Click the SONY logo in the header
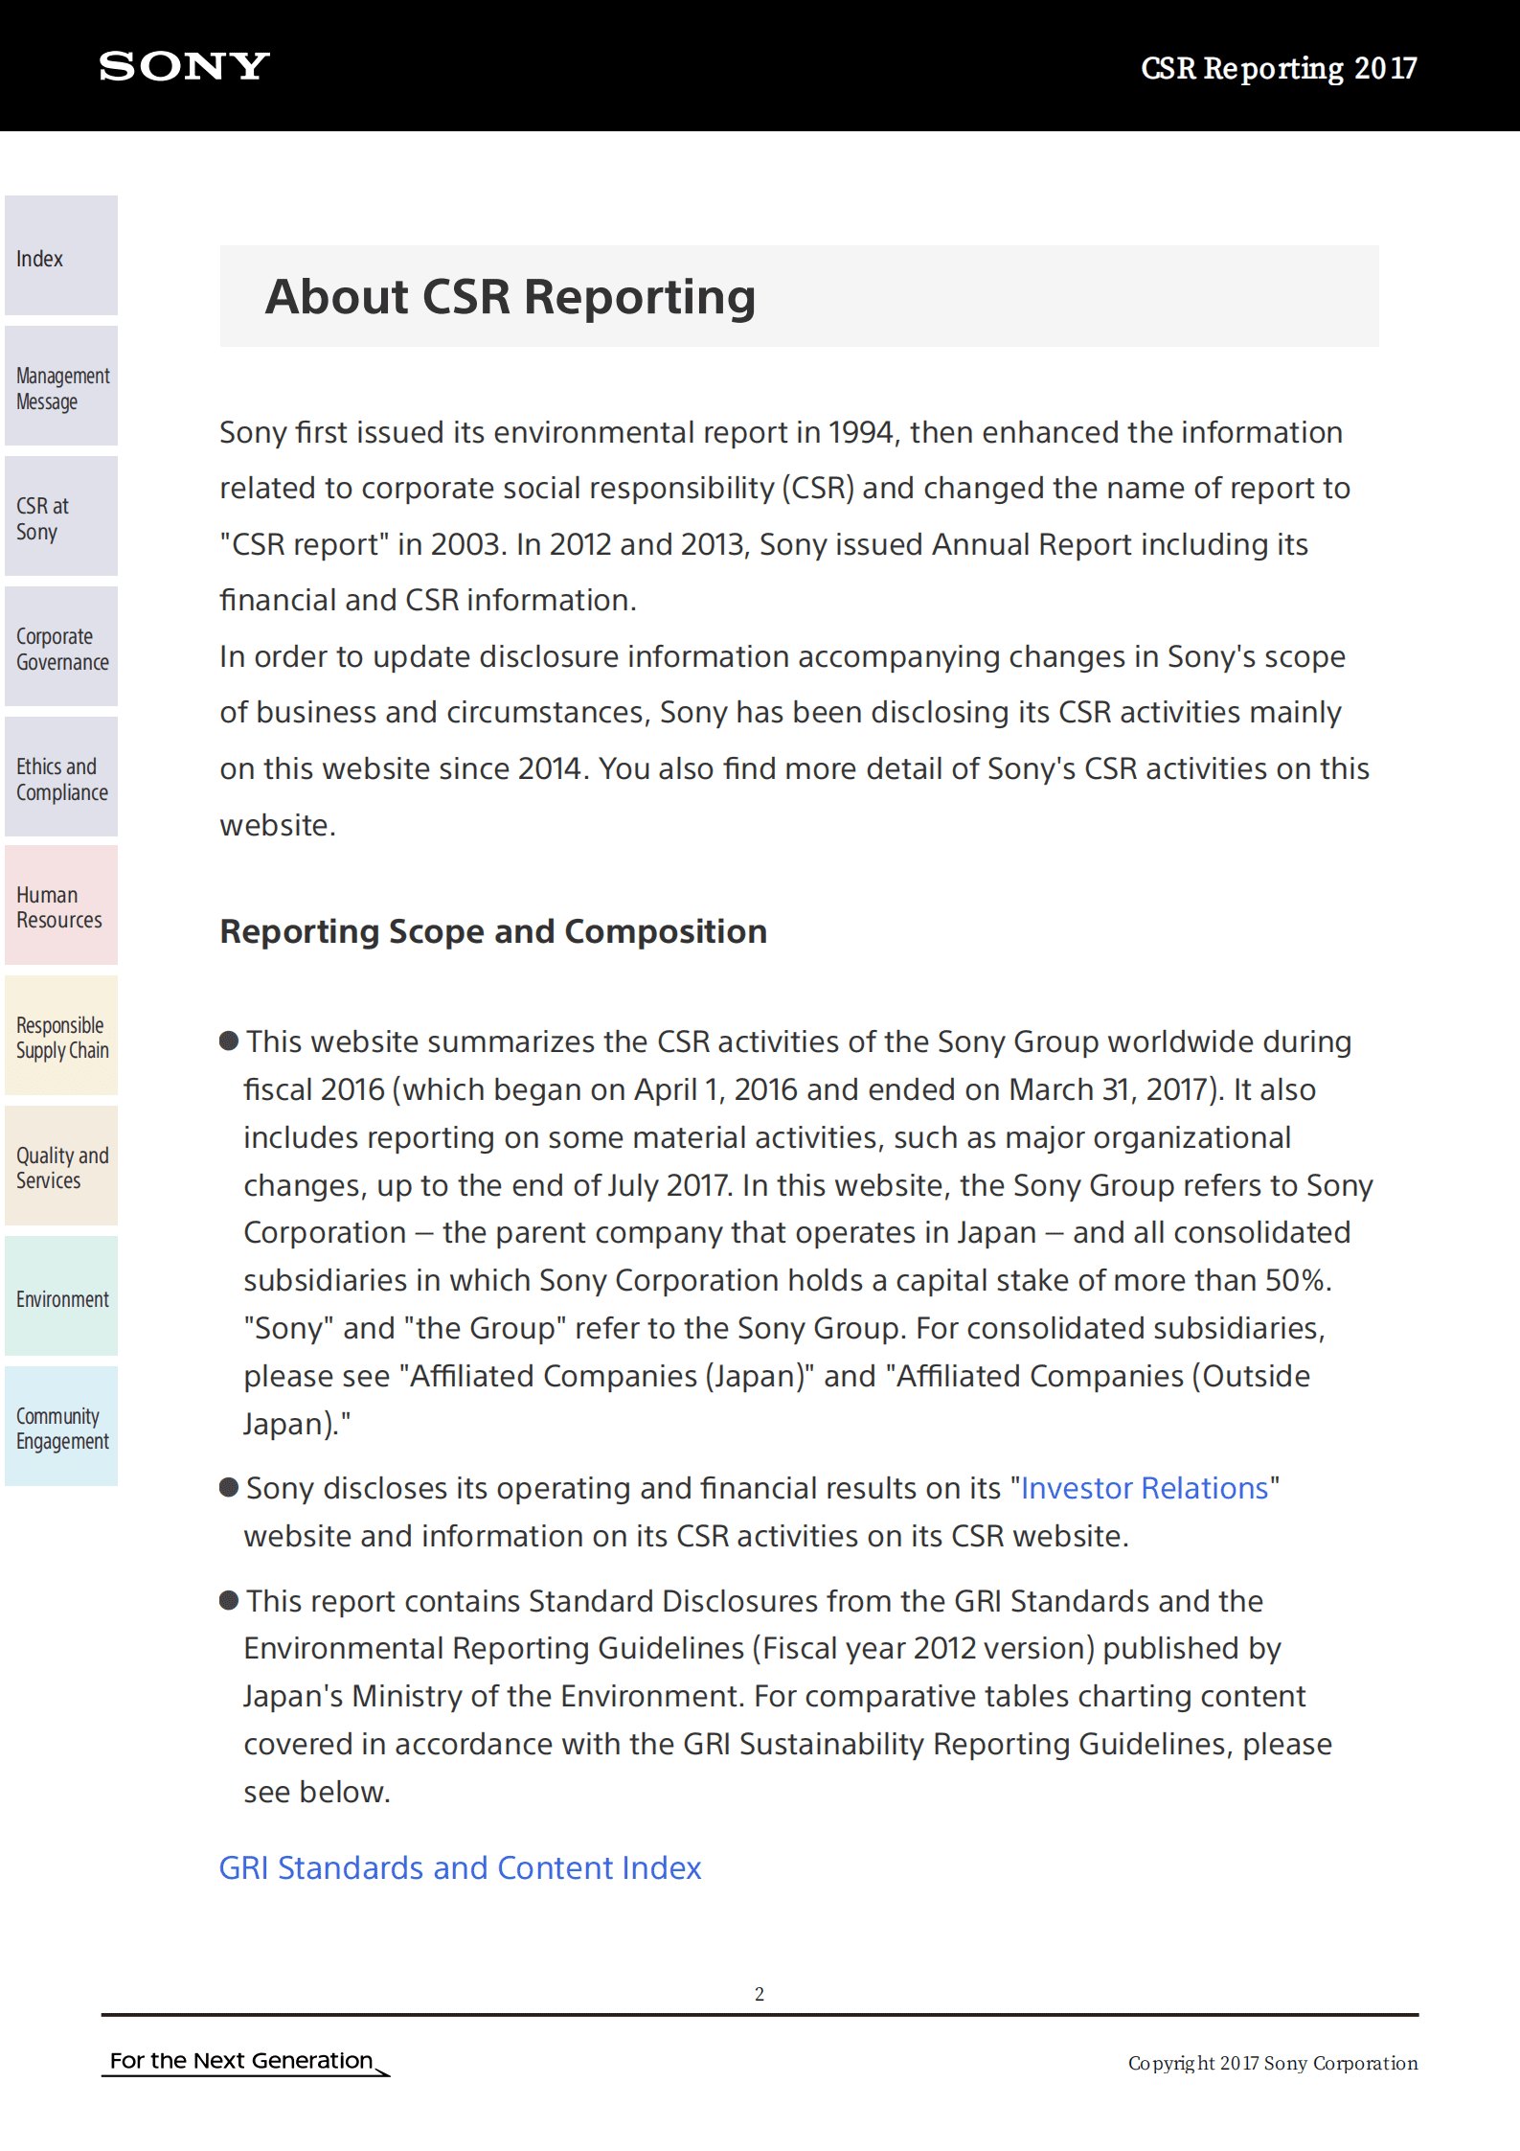pyautogui.click(x=184, y=66)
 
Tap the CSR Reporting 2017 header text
pyautogui.click(x=1278, y=68)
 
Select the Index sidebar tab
pyautogui.click(x=61, y=256)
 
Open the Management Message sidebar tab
pyautogui.click(x=61, y=386)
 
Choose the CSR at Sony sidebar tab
pyautogui.click(x=61, y=516)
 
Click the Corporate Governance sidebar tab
pyautogui.click(x=61, y=647)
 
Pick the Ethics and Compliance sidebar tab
pyautogui.click(x=61, y=777)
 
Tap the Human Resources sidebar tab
pyautogui.click(x=61, y=905)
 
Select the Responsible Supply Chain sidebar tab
pyautogui.click(x=61, y=1036)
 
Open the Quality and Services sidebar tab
pyautogui.click(x=61, y=1166)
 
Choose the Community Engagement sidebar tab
pyautogui.click(x=61, y=1427)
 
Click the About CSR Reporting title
pyautogui.click(x=510, y=297)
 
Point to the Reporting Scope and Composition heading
pyautogui.click(x=493, y=931)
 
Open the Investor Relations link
pyautogui.click(x=1144, y=1488)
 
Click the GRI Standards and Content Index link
pyautogui.click(x=460, y=1868)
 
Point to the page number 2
pyautogui.click(x=760, y=1994)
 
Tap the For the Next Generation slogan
pyautogui.click(x=241, y=2061)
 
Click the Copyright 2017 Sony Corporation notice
pyautogui.click(x=1272, y=2063)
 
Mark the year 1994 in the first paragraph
pyautogui.click(x=860, y=433)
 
